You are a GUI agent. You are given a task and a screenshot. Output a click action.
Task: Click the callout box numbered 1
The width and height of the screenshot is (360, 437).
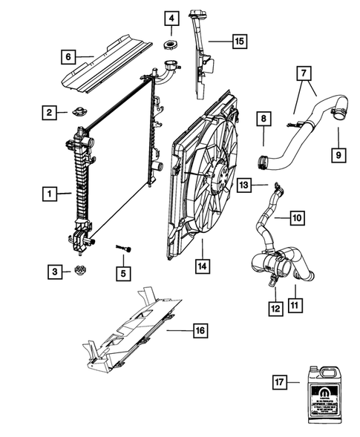point(49,194)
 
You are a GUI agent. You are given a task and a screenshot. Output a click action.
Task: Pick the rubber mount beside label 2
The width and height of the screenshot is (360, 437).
point(76,114)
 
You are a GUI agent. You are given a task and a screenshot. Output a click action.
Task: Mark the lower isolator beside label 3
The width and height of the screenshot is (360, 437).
point(78,270)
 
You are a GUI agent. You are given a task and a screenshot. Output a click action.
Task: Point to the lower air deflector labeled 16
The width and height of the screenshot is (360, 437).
point(134,326)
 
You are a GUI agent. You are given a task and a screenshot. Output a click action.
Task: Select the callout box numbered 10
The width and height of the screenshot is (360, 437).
point(295,218)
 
